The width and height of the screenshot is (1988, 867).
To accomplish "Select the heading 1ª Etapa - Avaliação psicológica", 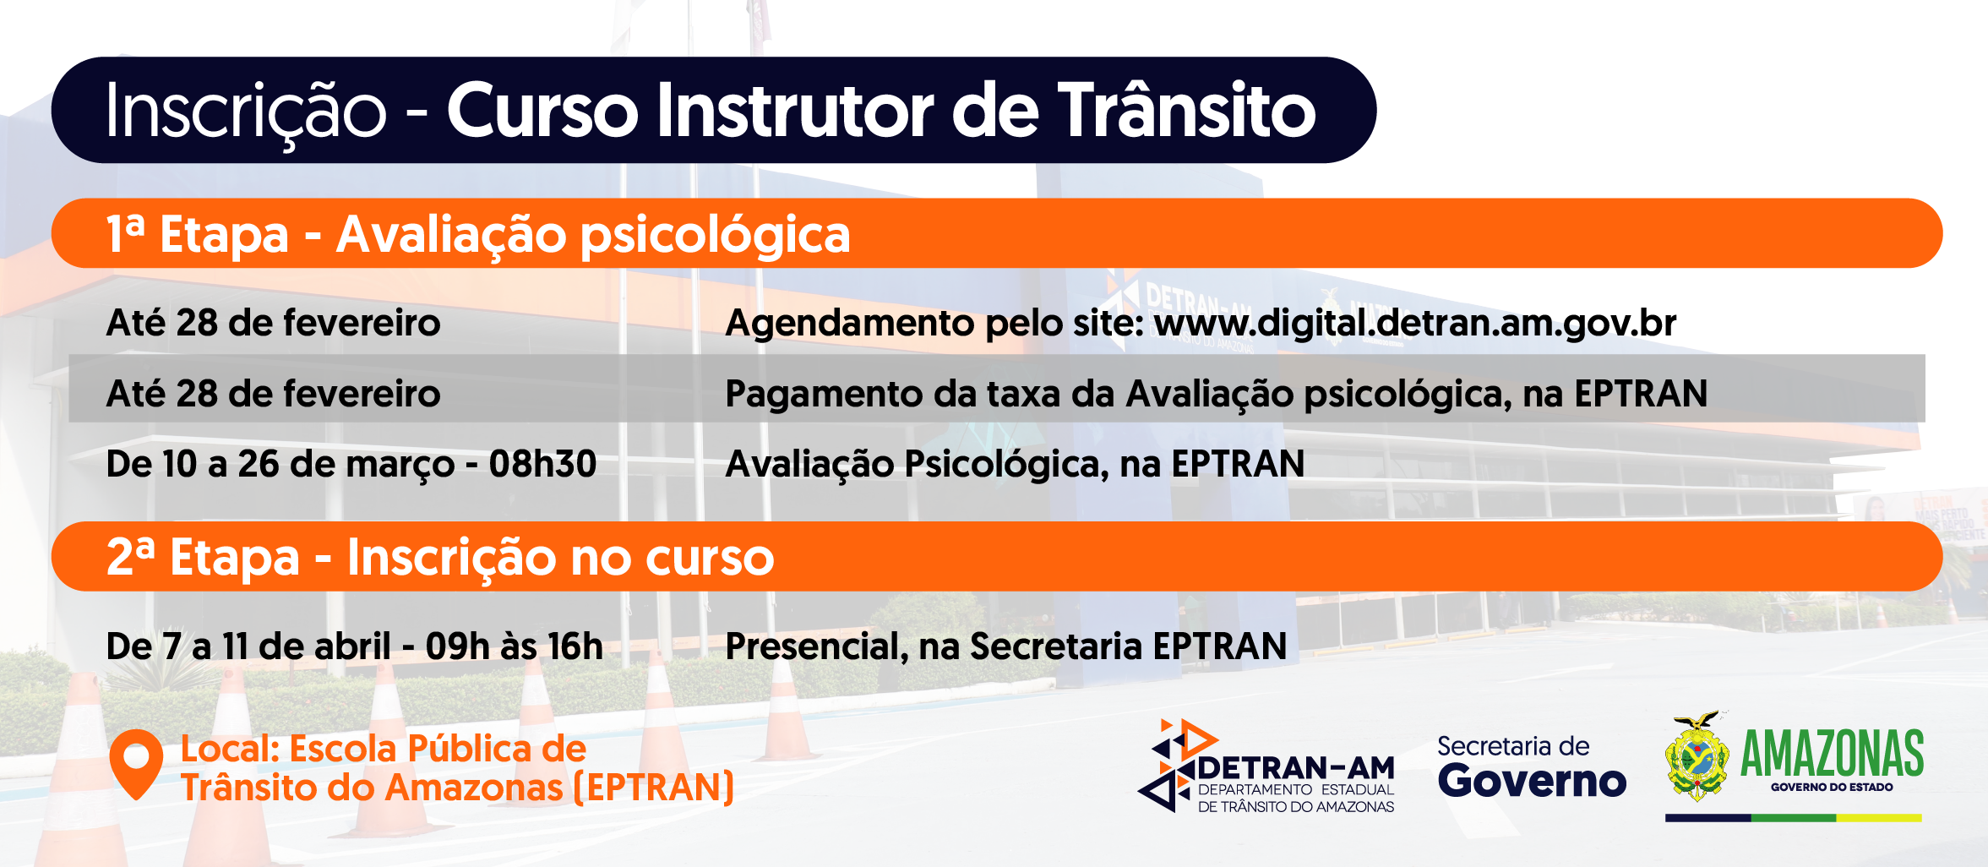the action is [478, 235].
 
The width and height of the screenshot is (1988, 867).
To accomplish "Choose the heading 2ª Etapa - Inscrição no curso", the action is [440, 558].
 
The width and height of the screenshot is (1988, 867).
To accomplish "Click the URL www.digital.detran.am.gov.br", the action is [1415, 323].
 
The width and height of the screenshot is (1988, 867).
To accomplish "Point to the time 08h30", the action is [542, 464].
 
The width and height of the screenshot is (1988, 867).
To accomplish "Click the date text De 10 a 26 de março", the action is [280, 465].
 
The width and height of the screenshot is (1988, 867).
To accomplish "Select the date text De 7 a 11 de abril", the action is [248, 646].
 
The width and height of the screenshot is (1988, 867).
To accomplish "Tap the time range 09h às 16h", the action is [514, 646].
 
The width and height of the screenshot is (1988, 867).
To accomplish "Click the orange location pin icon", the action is [136, 763].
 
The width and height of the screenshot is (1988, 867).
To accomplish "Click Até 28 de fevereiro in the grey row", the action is [274, 394].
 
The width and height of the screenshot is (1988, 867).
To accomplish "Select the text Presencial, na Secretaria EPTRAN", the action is [1006, 646].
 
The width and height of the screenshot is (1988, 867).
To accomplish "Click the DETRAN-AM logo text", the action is [1296, 768].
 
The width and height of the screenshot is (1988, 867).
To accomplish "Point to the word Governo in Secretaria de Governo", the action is [1532, 780].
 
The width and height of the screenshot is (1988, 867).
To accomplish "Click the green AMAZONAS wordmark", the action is [1832, 754].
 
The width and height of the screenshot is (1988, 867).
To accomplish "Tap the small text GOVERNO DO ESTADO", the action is [1832, 787].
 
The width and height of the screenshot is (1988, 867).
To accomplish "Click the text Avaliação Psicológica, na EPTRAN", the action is [1016, 465].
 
